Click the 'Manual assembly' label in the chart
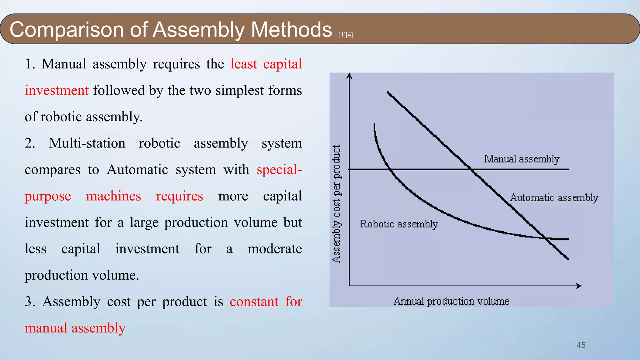pos(521,159)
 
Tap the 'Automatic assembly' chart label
pos(554,198)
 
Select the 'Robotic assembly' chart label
pos(399,224)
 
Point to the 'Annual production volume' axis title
pos(451,301)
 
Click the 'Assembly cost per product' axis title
pos(336,204)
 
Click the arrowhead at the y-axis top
pos(349,76)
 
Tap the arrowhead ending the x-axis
pos(579,286)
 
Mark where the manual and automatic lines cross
pos(471,169)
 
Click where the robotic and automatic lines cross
pos(546,238)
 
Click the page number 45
pos(581,345)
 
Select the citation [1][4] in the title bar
pos(345,35)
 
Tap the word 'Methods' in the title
pos(291,30)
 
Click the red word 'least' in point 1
pos(244,64)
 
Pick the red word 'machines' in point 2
pos(113,196)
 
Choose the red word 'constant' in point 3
pos(254,302)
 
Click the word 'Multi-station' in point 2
pos(87,143)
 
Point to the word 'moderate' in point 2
pos(274,249)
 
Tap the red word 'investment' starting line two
pos(57,91)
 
